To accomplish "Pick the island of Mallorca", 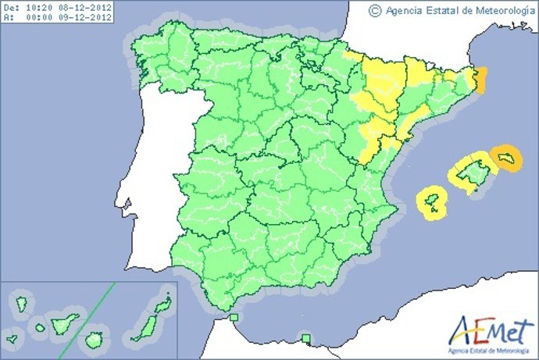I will (472, 174).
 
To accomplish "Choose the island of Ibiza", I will (430, 201).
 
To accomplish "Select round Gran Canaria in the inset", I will (95, 340).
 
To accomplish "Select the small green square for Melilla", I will (306, 338).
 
